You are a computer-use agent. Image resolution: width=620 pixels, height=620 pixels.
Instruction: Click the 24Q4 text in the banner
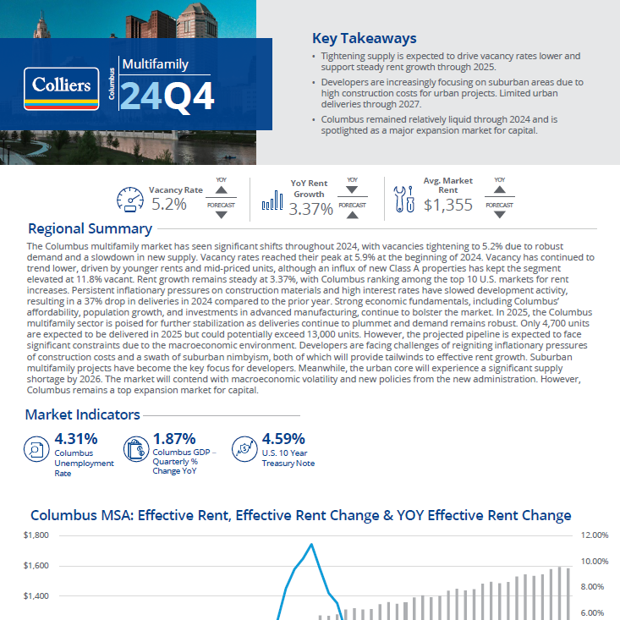point(167,96)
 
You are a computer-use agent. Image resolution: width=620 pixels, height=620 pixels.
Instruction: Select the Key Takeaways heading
point(364,38)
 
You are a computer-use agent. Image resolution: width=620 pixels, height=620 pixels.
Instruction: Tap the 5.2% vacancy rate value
point(168,204)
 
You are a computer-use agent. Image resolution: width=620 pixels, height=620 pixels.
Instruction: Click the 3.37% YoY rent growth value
point(310,209)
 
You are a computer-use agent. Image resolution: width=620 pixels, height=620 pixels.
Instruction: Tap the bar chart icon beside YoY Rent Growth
point(272,200)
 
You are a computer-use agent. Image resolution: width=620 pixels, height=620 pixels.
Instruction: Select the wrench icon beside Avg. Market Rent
point(403,199)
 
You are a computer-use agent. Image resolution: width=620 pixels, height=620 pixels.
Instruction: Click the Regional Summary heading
point(90,228)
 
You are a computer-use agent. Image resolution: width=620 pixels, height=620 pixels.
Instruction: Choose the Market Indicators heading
point(82,415)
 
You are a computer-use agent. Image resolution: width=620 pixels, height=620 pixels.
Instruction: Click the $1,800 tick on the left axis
point(36,535)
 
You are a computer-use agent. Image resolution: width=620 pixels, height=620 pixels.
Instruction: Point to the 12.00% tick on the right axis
point(596,535)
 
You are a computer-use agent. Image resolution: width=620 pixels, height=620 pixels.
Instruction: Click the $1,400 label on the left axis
point(36,596)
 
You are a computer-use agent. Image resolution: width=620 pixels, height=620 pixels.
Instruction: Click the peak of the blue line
point(311,544)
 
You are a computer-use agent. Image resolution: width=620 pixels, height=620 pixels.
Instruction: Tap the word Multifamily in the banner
point(155,64)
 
